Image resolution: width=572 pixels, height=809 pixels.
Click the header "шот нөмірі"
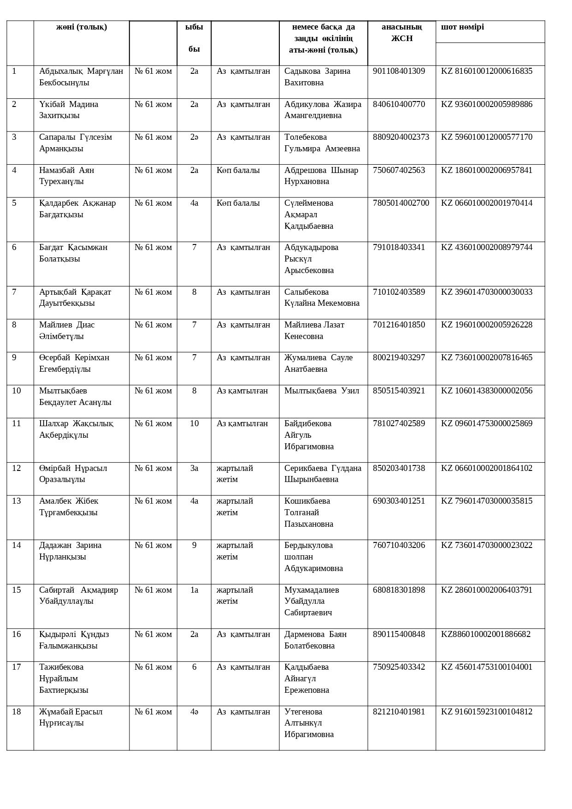click(462, 27)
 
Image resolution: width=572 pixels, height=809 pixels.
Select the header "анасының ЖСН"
click(401, 32)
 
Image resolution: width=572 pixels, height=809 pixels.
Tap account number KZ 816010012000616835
click(486, 71)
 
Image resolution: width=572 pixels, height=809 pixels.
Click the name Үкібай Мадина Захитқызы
click(69, 110)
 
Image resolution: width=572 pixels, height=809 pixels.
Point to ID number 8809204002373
click(401, 137)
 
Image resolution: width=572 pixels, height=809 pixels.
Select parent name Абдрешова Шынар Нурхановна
click(321, 176)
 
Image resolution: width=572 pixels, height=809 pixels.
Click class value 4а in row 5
click(194, 203)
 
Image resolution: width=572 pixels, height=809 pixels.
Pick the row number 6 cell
click(14, 247)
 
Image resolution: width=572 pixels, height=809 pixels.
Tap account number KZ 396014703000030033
click(486, 292)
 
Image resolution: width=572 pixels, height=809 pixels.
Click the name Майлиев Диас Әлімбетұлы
click(67, 330)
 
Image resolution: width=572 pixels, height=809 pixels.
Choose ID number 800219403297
click(399, 357)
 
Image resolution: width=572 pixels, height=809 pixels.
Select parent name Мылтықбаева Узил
click(321, 391)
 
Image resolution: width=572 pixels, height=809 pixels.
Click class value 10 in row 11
click(194, 423)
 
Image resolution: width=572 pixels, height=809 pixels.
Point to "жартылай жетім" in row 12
click(235, 474)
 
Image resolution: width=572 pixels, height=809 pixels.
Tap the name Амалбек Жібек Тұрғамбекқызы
click(69, 506)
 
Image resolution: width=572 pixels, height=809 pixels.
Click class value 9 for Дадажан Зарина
click(194, 545)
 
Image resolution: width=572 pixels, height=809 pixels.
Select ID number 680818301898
click(399, 590)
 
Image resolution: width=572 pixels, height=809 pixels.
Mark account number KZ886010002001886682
click(485, 634)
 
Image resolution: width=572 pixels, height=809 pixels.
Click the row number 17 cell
click(16, 667)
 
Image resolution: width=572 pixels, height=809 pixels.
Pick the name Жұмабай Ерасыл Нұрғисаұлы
click(71, 717)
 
